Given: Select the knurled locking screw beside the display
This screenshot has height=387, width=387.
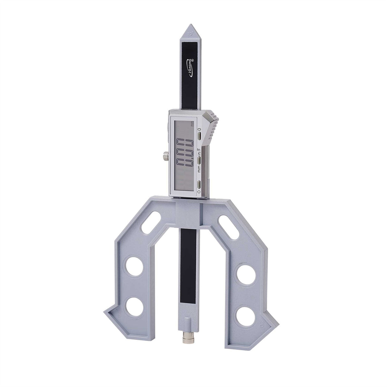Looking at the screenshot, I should (x=164, y=156).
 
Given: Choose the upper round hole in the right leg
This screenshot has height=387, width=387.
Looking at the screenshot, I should (x=246, y=270).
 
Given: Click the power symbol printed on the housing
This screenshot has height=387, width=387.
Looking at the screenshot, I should (x=199, y=191).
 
